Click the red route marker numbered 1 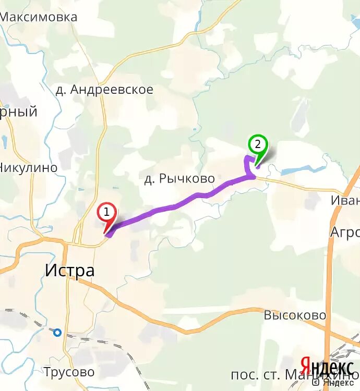point(106,213)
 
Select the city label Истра point(69,271)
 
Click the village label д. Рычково point(179,179)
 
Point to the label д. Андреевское point(104,90)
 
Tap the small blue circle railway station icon point(57,332)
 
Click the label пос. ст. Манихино point(295,375)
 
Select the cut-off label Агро point(344,233)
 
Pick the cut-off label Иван point(345,200)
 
